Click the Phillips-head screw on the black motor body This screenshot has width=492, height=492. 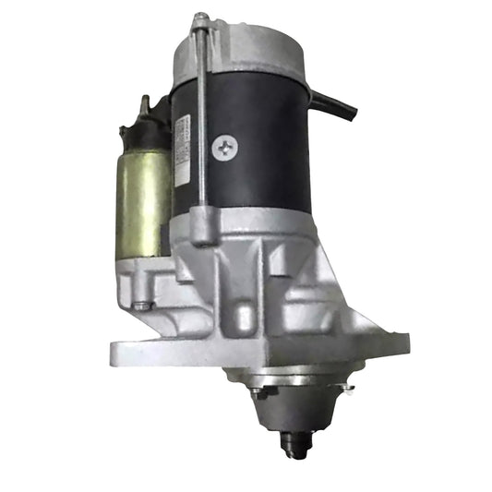pyautogui.click(x=223, y=146)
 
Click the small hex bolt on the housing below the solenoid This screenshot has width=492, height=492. pyautogui.click(x=138, y=306)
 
